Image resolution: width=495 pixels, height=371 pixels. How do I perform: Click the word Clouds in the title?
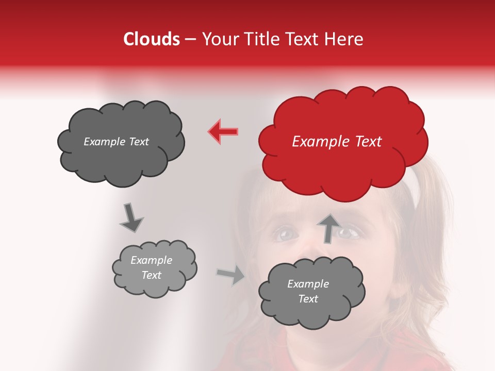pyautogui.click(x=152, y=39)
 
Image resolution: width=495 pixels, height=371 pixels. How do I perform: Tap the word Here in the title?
pyautogui.click(x=346, y=39)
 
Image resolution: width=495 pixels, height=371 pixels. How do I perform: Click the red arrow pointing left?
pyautogui.click(x=223, y=131)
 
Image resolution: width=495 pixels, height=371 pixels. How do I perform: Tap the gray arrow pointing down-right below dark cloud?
pyautogui.click(x=130, y=217)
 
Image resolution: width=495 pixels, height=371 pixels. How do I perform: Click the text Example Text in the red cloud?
pyautogui.click(x=337, y=142)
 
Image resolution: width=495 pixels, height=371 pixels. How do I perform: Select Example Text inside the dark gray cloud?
pyautogui.click(x=116, y=142)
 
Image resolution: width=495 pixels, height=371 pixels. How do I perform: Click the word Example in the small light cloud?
pyautogui.click(x=151, y=260)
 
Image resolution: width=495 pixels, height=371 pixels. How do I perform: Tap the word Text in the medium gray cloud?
pyautogui.click(x=308, y=299)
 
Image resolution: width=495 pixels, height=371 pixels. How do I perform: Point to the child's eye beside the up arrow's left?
pyautogui.click(x=286, y=234)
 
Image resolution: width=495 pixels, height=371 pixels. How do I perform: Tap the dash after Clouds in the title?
pyautogui.click(x=190, y=40)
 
